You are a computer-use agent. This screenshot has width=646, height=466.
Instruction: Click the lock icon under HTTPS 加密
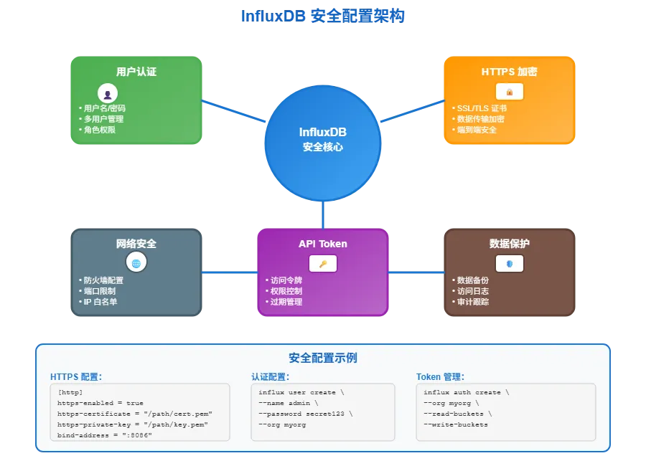tap(510, 92)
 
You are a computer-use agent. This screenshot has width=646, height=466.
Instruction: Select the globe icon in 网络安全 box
tap(136, 263)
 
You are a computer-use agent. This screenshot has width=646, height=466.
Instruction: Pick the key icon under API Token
tap(323, 264)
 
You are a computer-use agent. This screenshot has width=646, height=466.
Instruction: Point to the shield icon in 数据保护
tap(510, 263)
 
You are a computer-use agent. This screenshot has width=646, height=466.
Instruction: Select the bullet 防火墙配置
tap(103, 280)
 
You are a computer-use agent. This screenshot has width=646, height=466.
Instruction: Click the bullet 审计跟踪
tap(473, 302)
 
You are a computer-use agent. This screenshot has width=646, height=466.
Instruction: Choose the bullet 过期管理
tap(286, 302)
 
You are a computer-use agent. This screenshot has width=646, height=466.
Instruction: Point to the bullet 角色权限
tap(100, 130)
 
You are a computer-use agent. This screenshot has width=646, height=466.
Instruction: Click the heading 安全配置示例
tap(323, 358)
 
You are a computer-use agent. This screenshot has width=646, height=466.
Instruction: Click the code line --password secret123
tap(306, 414)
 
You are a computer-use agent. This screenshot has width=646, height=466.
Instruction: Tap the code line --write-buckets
tap(456, 424)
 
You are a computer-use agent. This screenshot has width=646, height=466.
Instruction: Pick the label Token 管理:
tap(441, 376)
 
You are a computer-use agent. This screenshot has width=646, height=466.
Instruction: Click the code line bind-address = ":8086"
tap(105, 435)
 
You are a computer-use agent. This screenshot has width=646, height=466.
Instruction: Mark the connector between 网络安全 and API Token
tap(229, 272)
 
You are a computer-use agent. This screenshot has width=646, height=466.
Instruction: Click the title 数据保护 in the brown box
tap(510, 244)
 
